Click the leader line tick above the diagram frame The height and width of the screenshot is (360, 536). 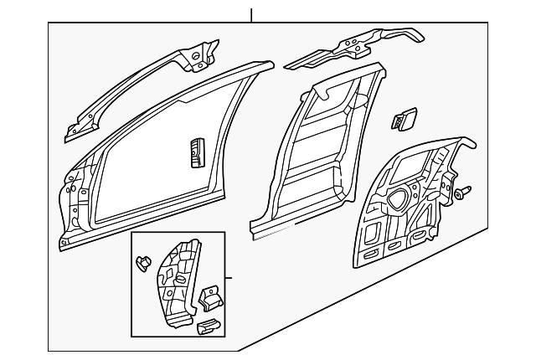point(251,14)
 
